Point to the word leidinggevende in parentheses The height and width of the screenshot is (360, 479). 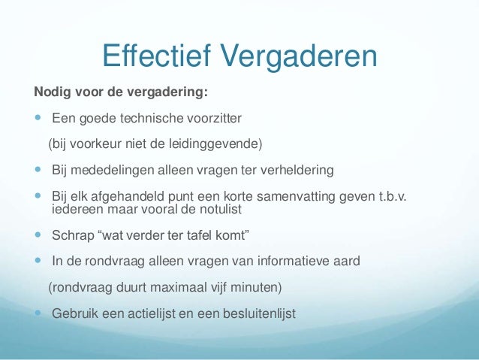224,143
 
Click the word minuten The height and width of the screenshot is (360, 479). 250,286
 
